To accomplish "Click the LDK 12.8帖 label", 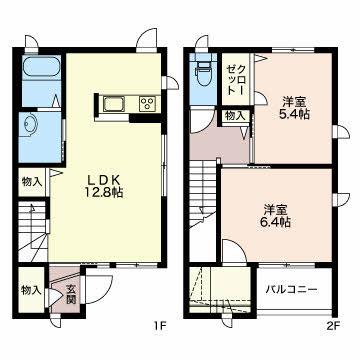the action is [x=103, y=186].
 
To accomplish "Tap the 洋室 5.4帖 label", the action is [x=293, y=107].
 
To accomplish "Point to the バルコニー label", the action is [x=291, y=289].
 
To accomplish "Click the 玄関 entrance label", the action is [x=70, y=294].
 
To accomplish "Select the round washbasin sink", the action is [x=29, y=125].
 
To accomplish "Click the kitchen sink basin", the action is [x=114, y=103].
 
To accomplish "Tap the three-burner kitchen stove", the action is [x=148, y=103].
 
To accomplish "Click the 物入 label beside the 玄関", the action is [x=32, y=290].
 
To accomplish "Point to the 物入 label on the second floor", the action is [x=236, y=116].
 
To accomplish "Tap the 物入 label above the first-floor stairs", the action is [x=32, y=182].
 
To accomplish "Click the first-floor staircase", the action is [x=33, y=231].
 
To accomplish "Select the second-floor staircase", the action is [x=203, y=193].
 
